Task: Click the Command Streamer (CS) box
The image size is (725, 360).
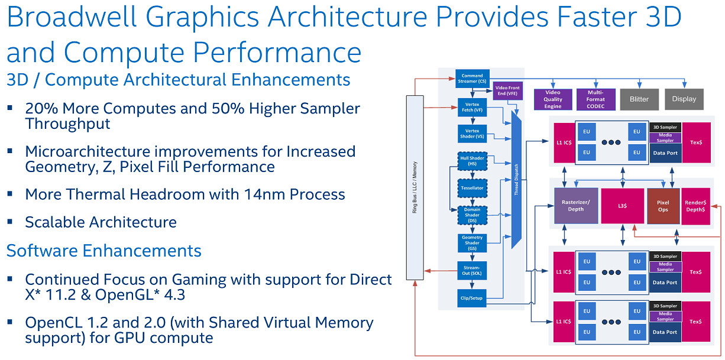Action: point(472,78)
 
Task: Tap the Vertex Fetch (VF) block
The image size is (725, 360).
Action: point(472,106)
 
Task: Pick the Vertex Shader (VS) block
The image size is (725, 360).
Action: point(472,134)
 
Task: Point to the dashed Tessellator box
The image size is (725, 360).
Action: point(472,188)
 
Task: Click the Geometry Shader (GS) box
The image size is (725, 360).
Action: point(472,242)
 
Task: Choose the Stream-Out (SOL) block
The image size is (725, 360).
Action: point(472,270)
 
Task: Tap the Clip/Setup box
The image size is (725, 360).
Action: point(472,298)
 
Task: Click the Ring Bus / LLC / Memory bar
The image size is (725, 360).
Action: point(414,187)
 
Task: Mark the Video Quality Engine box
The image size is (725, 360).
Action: point(553,99)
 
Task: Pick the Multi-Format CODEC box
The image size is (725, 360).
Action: point(595,99)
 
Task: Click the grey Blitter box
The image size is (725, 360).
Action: point(639,99)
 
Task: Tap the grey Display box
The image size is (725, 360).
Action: point(684,99)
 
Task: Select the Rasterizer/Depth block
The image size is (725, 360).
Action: point(575,206)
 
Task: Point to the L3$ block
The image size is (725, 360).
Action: point(622,206)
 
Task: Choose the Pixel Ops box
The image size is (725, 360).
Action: point(663,206)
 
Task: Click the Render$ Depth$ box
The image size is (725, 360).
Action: point(695,206)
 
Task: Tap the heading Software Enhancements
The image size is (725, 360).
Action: point(104,251)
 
